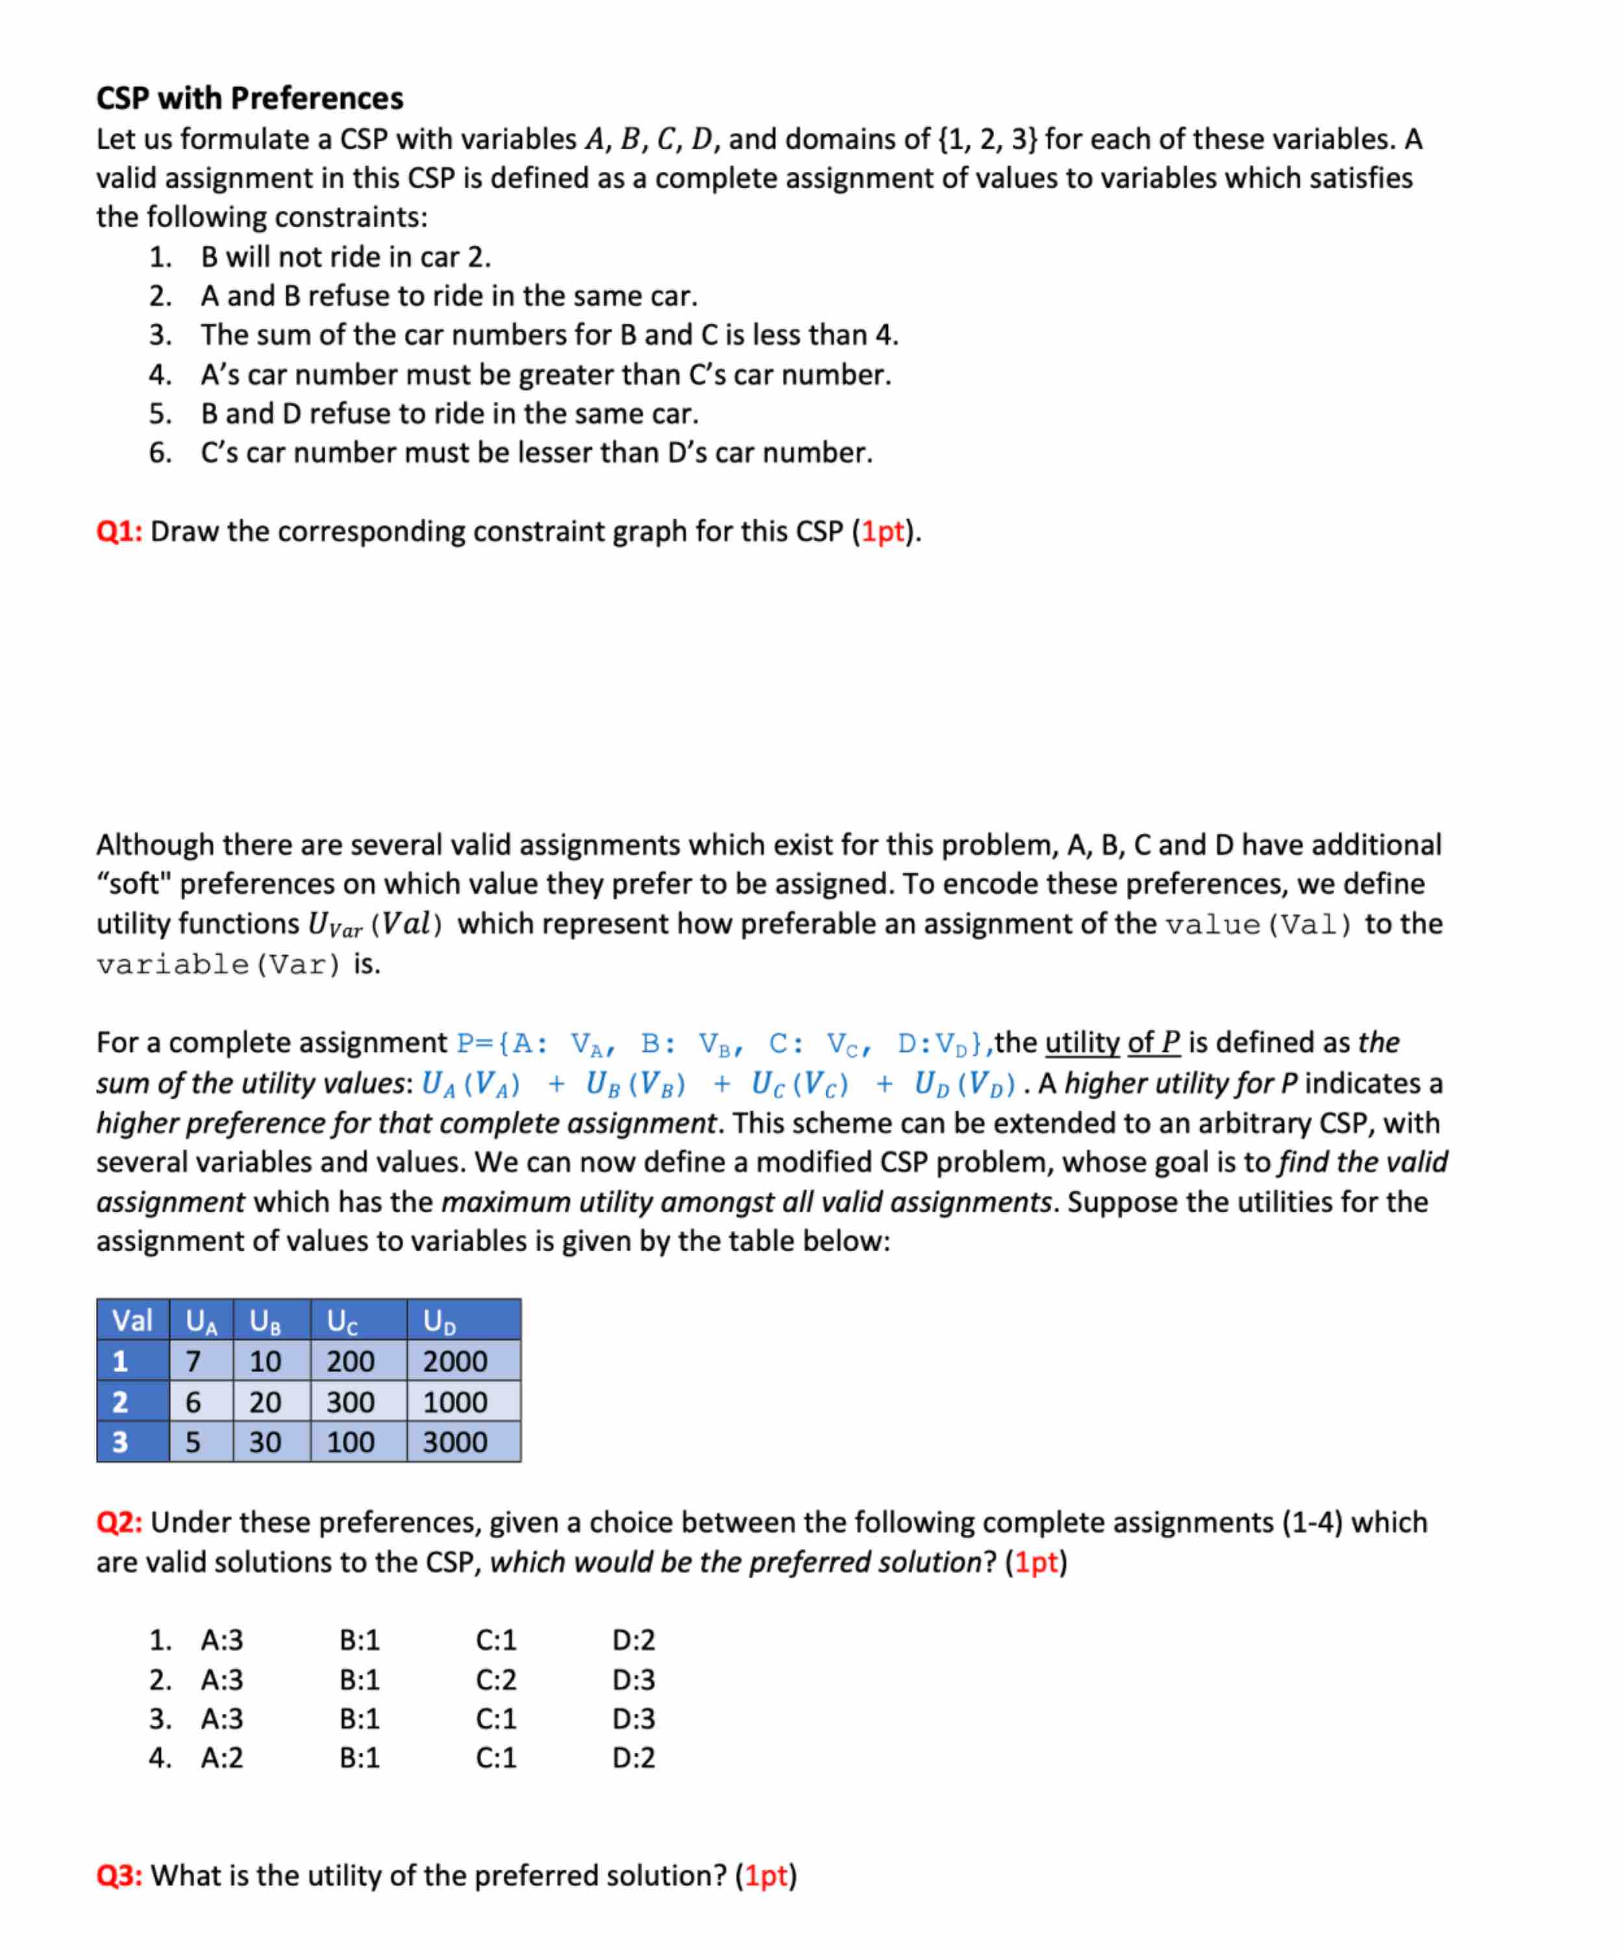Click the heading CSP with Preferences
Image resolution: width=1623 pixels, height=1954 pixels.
click(249, 98)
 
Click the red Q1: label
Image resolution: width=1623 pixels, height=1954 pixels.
click(119, 531)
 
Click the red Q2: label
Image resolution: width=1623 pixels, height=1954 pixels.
click(119, 1522)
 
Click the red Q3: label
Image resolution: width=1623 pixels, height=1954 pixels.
click(119, 1876)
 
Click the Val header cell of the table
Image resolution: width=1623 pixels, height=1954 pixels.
click(132, 1321)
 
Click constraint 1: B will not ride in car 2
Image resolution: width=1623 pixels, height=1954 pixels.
click(345, 257)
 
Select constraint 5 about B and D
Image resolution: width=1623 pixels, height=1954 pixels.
click(449, 413)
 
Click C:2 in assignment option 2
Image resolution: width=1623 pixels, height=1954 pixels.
click(496, 1679)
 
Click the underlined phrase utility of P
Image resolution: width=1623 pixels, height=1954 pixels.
click(1112, 1042)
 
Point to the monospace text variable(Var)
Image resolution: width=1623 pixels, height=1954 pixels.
click(219, 965)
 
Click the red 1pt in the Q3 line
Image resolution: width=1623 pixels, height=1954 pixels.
click(766, 1876)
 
